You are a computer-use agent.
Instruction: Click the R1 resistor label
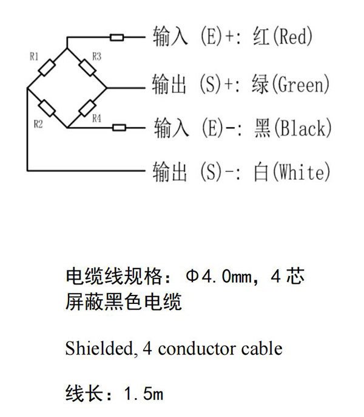tap(34, 57)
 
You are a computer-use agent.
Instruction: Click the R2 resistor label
tap(38, 124)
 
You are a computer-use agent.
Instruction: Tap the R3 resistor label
tap(96, 57)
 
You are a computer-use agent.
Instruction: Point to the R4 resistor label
tap(96, 119)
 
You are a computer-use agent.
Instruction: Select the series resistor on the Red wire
tap(117, 38)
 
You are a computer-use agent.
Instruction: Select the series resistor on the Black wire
tap(119, 128)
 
